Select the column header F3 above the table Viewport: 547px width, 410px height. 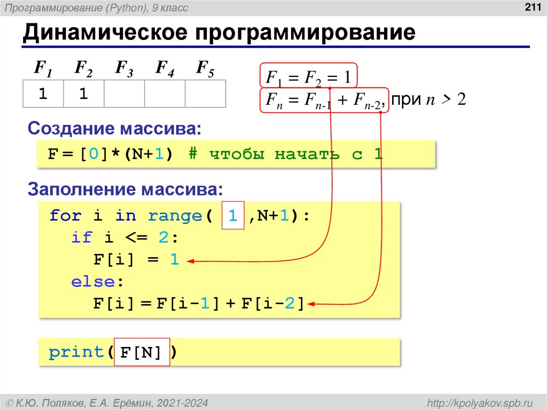point(124,68)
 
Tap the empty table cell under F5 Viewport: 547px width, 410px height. point(205,94)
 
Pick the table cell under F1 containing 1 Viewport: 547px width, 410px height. point(43,94)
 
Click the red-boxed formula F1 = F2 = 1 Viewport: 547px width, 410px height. point(308,78)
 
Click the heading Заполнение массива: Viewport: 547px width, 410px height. point(125,189)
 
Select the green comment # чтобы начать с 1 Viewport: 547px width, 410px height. point(285,154)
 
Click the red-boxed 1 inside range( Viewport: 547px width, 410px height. point(233,216)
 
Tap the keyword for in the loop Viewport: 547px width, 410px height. point(65,216)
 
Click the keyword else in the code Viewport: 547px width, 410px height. point(93,282)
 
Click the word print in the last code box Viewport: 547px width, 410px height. point(76,353)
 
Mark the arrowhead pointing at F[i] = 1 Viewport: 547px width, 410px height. point(190,261)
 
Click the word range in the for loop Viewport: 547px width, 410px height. point(175,216)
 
